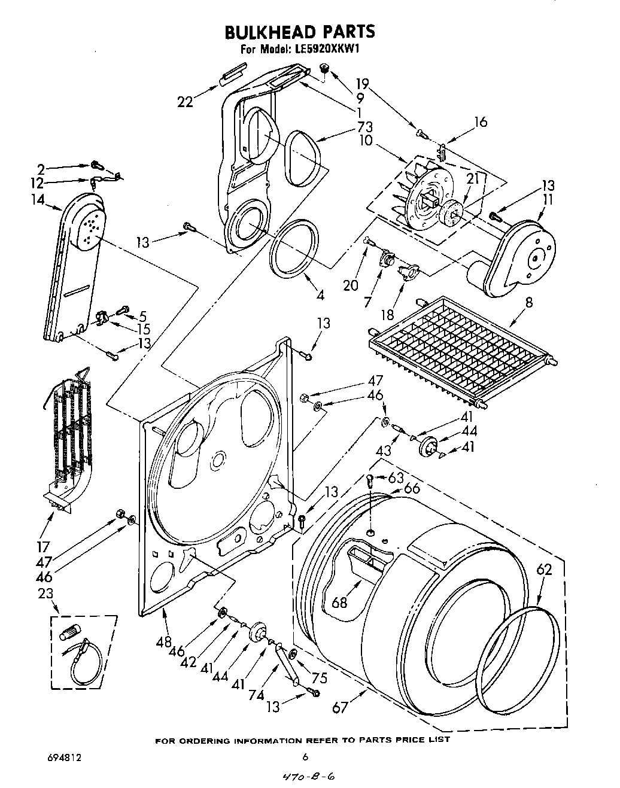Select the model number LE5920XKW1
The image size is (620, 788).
coord(326,50)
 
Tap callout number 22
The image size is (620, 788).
coord(186,102)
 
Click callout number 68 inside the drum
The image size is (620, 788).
coord(340,602)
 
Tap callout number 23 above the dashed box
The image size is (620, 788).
coord(45,594)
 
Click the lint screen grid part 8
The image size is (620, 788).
coord(461,347)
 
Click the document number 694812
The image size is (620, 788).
coord(64,757)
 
